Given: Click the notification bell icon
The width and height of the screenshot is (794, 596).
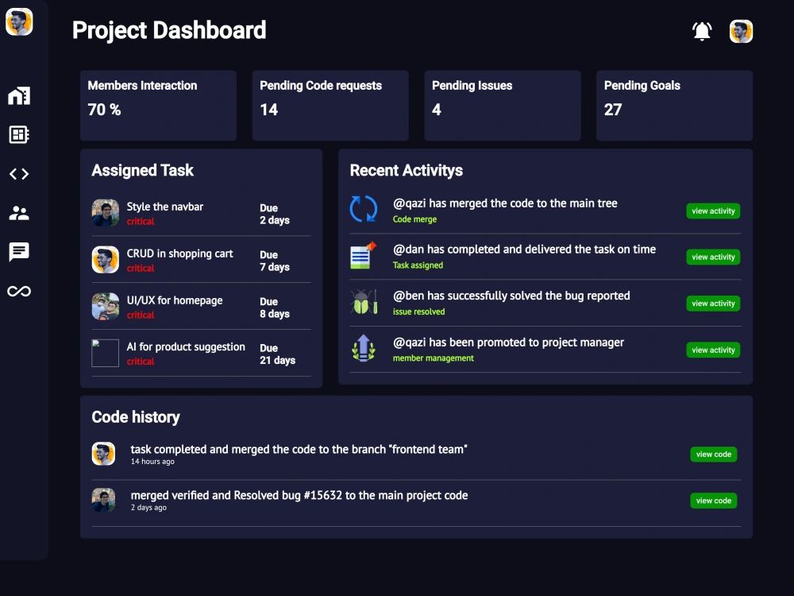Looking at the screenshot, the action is pos(702,31).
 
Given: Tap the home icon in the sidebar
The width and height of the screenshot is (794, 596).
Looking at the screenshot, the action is pos(19,95).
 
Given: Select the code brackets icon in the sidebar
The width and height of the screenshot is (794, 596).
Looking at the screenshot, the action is pos(19,174).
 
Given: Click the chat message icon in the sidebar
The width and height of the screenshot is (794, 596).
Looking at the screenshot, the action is pos(19,252).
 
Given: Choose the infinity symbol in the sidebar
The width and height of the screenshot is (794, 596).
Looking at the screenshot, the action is pos(19,291).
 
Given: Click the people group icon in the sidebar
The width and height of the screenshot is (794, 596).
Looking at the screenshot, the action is pos(19,213).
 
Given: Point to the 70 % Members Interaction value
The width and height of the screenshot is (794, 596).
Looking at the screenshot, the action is pos(104,110).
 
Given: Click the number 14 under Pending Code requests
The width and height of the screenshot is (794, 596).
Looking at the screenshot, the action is pos(269,110).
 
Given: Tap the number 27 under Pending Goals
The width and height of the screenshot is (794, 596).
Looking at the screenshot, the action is pos(613,110).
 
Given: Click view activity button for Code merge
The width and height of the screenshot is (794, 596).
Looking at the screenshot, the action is pos(713,211).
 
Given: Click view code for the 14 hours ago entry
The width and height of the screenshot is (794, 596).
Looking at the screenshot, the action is pos(714,454).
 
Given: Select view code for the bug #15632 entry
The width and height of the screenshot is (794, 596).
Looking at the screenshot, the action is pos(714,501).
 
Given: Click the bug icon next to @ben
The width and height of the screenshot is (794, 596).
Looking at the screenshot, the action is pos(364,301).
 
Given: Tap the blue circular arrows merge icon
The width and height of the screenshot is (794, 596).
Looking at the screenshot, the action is pos(364,208).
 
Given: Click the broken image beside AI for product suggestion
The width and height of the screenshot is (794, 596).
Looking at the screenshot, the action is pos(106,353).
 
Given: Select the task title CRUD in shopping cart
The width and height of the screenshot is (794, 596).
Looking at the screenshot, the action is pos(179,253).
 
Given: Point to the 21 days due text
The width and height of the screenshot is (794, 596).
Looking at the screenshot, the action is pos(277,360).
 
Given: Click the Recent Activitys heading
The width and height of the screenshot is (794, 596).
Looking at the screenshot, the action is pos(406,170).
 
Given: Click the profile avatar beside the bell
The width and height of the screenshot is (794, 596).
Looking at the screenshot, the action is pos(741,32).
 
